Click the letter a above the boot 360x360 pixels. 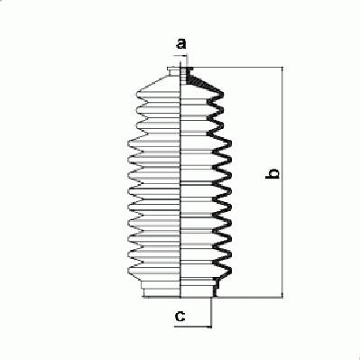click(x=180, y=44)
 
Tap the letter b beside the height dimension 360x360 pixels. click(x=272, y=174)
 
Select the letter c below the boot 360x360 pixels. click(x=180, y=316)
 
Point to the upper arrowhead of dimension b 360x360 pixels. click(x=282, y=70)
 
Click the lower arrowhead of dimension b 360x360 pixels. click(x=282, y=294)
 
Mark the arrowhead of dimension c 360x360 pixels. click(x=208, y=327)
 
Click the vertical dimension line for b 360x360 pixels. click(x=282, y=182)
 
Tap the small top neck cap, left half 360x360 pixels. click(x=174, y=71)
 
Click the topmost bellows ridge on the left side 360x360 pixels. click(x=158, y=94)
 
